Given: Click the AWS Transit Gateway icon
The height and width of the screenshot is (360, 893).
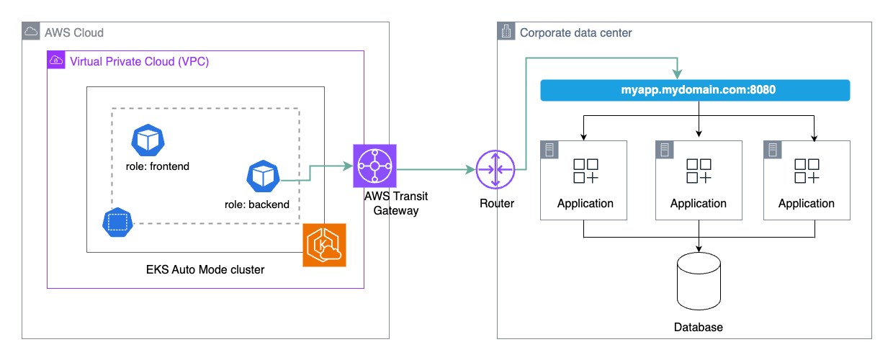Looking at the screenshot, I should click(374, 166).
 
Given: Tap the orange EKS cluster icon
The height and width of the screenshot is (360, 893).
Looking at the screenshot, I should click(324, 245).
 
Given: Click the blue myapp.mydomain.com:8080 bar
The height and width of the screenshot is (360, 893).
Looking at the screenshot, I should click(695, 91).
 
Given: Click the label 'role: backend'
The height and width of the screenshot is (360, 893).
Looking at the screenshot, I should click(257, 204).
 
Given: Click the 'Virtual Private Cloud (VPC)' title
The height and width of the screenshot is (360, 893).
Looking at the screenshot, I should click(139, 61).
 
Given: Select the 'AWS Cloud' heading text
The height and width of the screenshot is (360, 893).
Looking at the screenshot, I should click(73, 32).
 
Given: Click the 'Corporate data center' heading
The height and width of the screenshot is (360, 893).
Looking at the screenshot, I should click(576, 32).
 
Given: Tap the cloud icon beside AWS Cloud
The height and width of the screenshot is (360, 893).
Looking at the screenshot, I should click(32, 32).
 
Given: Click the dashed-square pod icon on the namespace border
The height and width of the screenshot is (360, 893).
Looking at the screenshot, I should click(117, 222).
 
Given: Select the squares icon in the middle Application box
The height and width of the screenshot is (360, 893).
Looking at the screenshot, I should click(699, 171).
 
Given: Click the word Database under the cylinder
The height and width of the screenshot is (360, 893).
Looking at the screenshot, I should click(698, 327).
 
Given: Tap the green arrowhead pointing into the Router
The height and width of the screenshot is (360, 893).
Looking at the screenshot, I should click(471, 170).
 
